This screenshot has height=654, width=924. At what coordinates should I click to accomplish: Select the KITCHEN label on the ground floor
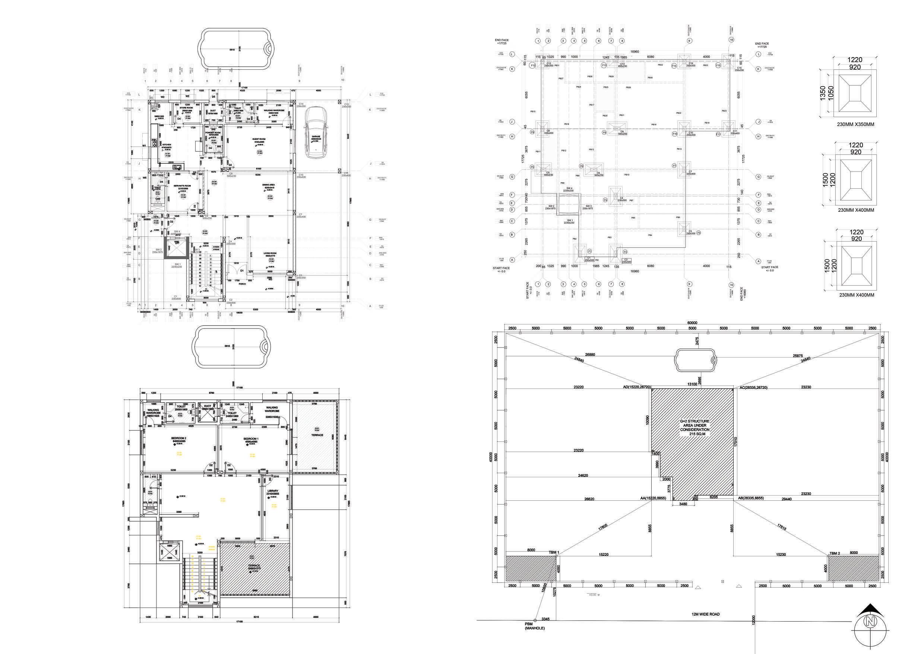click(x=167, y=145)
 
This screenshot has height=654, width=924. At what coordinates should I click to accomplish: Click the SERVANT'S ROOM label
click(x=182, y=186)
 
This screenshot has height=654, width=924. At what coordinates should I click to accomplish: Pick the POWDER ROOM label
click(x=213, y=132)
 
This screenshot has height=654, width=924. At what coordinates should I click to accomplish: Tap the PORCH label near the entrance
click(x=242, y=284)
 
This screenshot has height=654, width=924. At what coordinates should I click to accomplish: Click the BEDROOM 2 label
click(x=179, y=438)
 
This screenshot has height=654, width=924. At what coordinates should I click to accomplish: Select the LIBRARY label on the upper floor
click(x=272, y=491)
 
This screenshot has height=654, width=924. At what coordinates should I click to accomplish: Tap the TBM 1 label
click(x=554, y=553)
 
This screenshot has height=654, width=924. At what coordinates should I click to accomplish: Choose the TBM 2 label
click(x=835, y=553)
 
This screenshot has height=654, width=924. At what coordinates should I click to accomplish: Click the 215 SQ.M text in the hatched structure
click(x=694, y=434)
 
